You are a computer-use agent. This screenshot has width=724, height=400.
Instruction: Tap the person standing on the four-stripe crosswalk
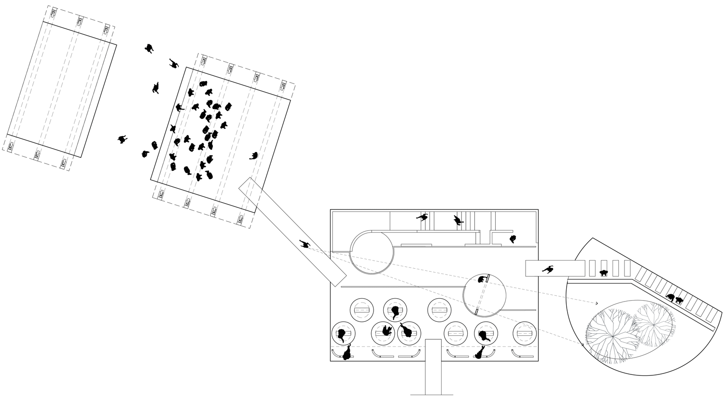click(x=603, y=273)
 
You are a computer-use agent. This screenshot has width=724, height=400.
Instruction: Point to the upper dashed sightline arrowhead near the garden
click(x=598, y=303)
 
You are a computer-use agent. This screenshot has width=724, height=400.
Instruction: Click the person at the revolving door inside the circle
click(x=482, y=279)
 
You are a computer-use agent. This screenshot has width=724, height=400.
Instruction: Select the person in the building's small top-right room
click(x=513, y=239)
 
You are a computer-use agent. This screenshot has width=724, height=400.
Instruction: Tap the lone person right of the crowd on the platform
click(x=253, y=155)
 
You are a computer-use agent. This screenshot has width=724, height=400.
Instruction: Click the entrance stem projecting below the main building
click(x=433, y=367)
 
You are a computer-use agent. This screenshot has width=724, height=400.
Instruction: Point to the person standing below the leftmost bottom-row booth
click(x=347, y=354)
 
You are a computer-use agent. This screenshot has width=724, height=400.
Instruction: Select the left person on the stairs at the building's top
click(x=423, y=218)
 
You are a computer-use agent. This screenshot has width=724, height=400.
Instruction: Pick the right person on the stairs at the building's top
click(x=457, y=221)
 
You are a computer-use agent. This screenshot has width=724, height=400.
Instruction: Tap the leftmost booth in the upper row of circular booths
click(x=361, y=309)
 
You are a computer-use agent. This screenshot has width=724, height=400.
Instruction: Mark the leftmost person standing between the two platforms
click(x=123, y=139)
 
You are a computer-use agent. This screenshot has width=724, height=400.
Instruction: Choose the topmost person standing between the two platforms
click(x=150, y=48)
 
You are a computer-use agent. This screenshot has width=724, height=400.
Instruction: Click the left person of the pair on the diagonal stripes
click(x=670, y=298)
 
